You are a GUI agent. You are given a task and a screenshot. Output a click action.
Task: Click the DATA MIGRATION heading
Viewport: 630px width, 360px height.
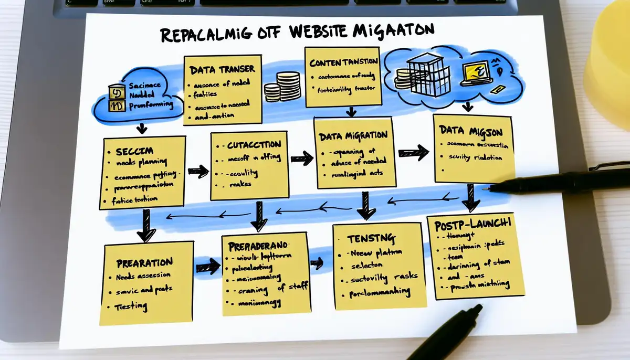point(353,135)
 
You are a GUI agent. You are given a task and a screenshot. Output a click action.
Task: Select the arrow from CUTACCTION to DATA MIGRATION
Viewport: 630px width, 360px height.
point(301,157)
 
